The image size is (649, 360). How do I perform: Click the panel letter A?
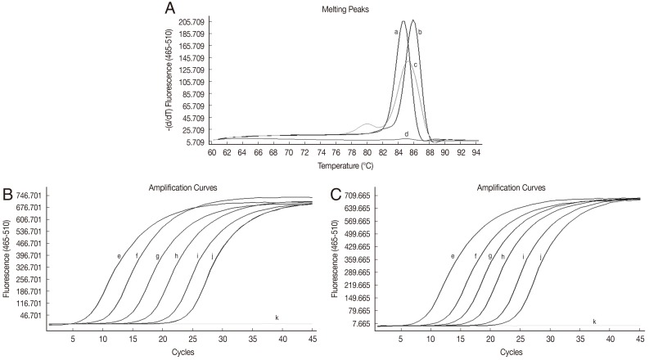[x=169, y=9]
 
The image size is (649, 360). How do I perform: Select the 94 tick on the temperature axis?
[x=475, y=152]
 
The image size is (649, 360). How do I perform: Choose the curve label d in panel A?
[x=406, y=133]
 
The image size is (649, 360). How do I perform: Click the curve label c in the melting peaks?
[x=416, y=65]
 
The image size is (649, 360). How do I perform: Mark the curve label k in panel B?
[x=277, y=317]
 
